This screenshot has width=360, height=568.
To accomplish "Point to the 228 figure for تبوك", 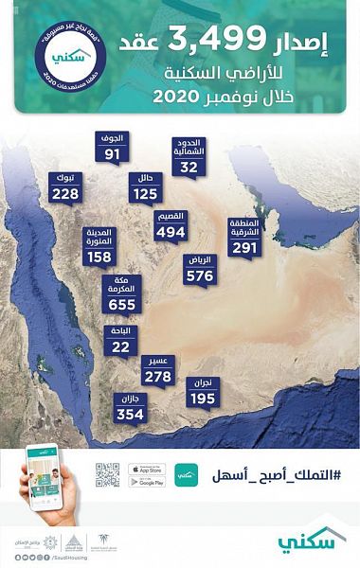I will tap(65, 193).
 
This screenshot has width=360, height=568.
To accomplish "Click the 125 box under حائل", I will tap(145, 194).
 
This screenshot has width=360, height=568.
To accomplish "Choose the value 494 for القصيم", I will tap(171, 232).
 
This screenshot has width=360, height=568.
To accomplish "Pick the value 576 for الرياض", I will tap(200, 276).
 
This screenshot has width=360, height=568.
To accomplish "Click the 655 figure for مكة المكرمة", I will tap(122, 305).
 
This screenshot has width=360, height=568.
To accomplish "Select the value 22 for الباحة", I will tap(120, 346).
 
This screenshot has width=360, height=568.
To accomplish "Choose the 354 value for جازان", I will tap(130, 415).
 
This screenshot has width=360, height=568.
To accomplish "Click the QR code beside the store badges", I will tap(107, 475).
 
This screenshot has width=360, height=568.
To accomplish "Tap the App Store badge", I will tap(147, 469).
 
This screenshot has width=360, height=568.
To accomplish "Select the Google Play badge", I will tap(147, 482).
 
